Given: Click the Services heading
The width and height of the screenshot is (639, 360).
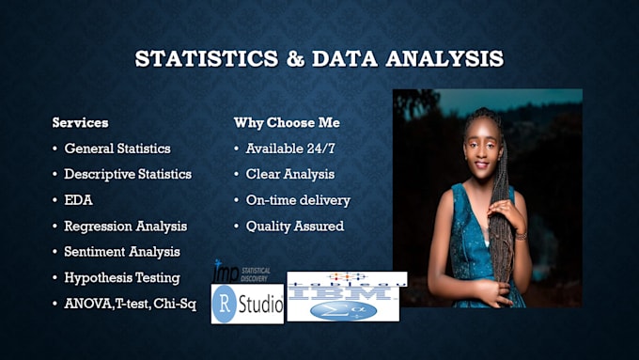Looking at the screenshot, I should click(x=80, y=123).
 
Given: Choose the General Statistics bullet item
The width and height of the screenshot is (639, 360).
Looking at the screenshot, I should click(x=117, y=149).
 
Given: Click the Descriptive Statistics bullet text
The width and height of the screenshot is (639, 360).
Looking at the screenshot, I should click(x=127, y=174).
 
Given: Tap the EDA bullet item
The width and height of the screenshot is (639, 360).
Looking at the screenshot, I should click(x=78, y=200).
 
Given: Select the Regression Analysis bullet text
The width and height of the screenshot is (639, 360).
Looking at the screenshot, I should click(x=125, y=226).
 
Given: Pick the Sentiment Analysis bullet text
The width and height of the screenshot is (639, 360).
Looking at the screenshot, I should click(x=122, y=252).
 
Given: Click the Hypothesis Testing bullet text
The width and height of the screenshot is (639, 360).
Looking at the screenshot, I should click(x=121, y=277).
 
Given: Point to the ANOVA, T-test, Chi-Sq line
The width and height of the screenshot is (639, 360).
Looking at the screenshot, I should click(x=130, y=304).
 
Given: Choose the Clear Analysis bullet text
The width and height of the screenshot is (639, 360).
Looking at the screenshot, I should click(x=289, y=174).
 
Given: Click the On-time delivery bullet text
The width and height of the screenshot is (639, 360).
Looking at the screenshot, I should click(x=298, y=200).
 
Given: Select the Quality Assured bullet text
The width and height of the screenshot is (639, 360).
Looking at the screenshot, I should click(x=294, y=226).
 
